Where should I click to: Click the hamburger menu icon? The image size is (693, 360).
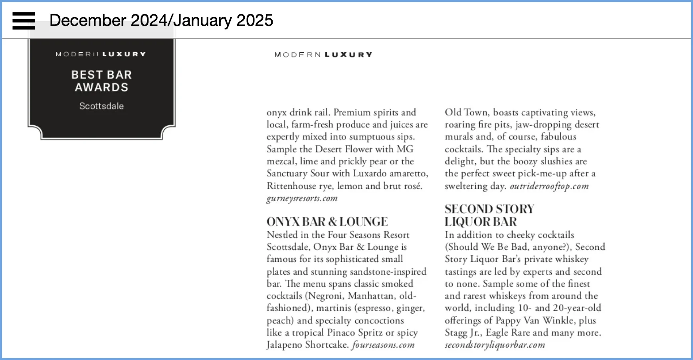tap(24, 21)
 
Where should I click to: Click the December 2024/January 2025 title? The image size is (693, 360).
tap(161, 20)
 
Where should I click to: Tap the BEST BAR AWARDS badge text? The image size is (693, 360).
tap(101, 81)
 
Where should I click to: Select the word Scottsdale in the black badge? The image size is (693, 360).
tap(101, 106)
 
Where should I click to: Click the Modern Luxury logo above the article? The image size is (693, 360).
tap(323, 55)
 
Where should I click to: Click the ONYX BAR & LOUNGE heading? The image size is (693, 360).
tap(327, 222)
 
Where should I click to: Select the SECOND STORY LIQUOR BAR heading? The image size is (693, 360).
tap(489, 216)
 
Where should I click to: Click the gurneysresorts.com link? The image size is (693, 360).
tap(302, 198)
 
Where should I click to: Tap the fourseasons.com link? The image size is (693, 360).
tap(383, 345)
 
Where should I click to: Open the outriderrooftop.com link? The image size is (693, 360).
tap(549, 186)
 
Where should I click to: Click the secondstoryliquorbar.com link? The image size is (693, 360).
tap(495, 345)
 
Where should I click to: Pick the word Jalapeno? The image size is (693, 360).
tap(284, 345)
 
